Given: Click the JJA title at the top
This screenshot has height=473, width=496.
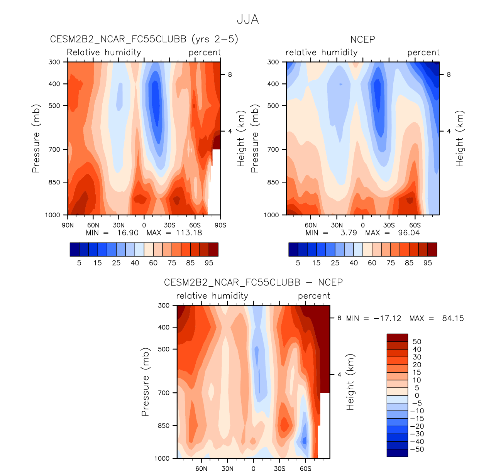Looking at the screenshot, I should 248,19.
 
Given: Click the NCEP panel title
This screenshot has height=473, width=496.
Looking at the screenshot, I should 362,39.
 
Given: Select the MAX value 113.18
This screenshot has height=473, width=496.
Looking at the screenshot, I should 189,233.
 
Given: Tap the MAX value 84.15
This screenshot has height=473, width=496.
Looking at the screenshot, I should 453,318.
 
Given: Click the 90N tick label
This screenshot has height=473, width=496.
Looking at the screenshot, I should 68,225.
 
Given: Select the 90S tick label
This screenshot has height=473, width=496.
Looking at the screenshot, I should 220,225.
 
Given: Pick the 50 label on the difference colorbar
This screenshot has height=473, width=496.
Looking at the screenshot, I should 417,341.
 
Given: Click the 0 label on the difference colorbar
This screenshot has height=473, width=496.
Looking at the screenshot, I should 417,395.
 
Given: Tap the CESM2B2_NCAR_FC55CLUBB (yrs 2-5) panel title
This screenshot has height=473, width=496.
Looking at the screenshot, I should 144,39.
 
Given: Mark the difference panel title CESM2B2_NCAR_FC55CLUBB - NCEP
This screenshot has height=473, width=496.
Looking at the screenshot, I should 253,282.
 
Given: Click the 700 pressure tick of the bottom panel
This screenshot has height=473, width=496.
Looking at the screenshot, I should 164,393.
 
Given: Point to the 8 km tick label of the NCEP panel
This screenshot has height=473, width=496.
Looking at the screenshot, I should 449,74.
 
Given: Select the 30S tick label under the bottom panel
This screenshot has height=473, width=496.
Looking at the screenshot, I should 279,469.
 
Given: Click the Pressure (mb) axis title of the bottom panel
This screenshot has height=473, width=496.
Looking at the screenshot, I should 145,382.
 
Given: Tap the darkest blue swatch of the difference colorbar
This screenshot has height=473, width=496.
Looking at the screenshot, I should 397,453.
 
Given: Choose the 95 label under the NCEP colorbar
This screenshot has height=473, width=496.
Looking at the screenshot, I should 428,263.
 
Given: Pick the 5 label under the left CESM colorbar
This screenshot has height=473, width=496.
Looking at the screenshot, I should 79,263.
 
